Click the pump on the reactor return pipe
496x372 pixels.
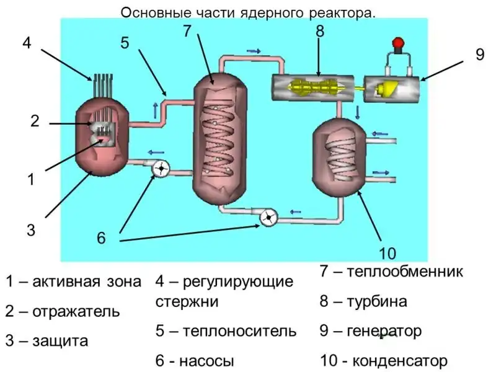point(161,167)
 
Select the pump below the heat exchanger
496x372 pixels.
point(268,217)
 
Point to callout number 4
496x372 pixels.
point(26,43)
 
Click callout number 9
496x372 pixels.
point(479,55)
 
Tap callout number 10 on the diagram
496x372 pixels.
point(387,253)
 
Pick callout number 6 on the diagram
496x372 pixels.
point(102,237)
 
